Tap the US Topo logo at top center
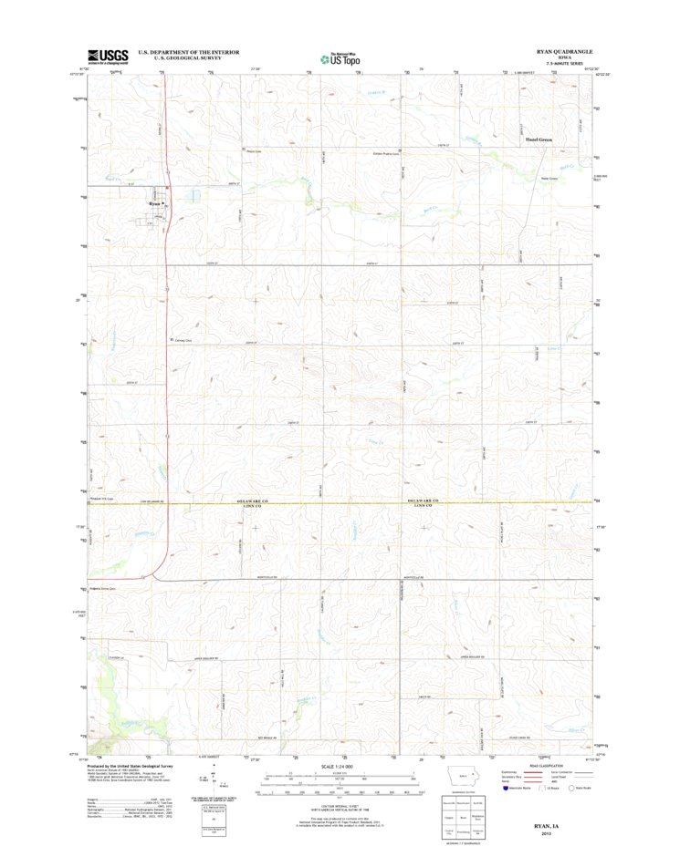[340, 59]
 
